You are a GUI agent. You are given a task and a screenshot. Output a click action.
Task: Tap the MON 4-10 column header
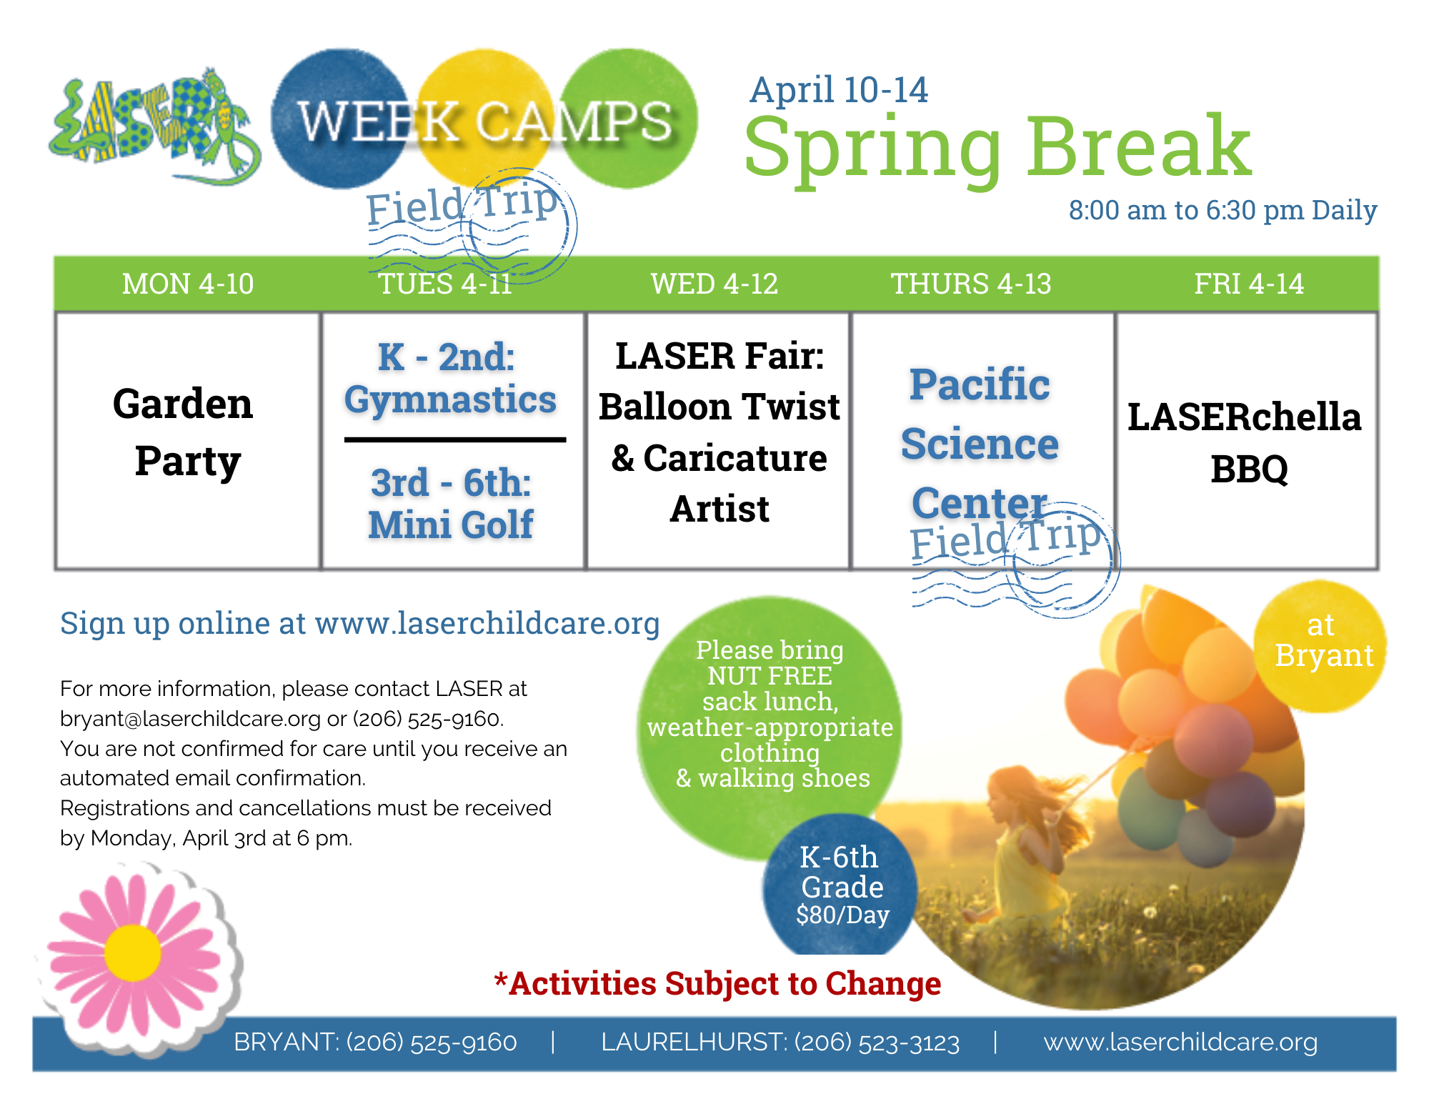(188, 284)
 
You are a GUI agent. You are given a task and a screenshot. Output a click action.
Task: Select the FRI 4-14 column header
(1249, 284)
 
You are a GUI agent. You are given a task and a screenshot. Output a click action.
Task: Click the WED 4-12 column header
(714, 284)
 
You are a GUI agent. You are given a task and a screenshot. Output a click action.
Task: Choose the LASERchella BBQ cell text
(1245, 443)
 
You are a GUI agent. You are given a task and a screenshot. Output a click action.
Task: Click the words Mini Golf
(451, 525)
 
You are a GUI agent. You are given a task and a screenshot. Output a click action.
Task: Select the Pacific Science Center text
(980, 444)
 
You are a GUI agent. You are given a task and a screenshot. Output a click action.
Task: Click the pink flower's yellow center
(133, 953)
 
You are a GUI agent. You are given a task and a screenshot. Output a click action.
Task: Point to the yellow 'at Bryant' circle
(1320, 646)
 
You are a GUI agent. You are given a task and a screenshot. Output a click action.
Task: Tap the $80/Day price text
(843, 915)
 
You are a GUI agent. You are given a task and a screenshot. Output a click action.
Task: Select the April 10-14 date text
(839, 90)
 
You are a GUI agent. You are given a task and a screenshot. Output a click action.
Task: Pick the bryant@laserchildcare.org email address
(190, 719)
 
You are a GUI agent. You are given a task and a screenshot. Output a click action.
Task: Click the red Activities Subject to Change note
(717, 983)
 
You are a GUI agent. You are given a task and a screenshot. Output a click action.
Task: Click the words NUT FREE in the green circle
(770, 676)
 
